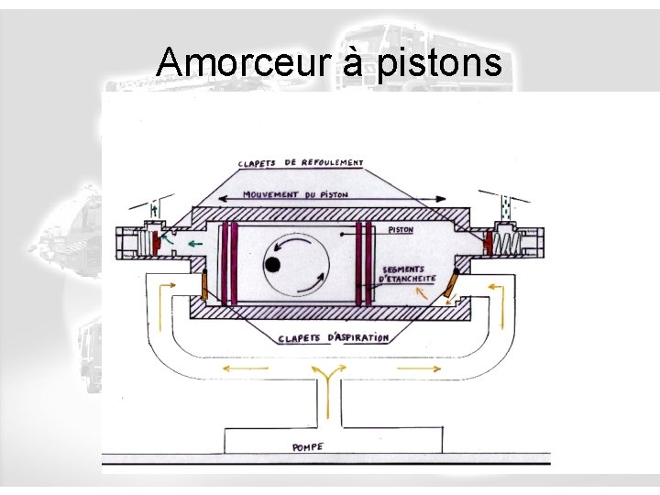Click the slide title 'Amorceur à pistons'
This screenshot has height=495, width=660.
(x=329, y=62)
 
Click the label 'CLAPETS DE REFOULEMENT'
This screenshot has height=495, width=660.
(x=301, y=164)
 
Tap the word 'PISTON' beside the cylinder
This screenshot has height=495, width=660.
(x=401, y=231)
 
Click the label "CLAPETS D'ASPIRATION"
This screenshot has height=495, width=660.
(x=334, y=338)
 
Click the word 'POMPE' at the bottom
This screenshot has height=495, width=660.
(x=307, y=447)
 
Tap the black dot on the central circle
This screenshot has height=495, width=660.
(x=272, y=265)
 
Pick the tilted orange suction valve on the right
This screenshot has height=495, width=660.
(x=451, y=287)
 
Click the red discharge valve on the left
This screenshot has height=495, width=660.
(x=158, y=244)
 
